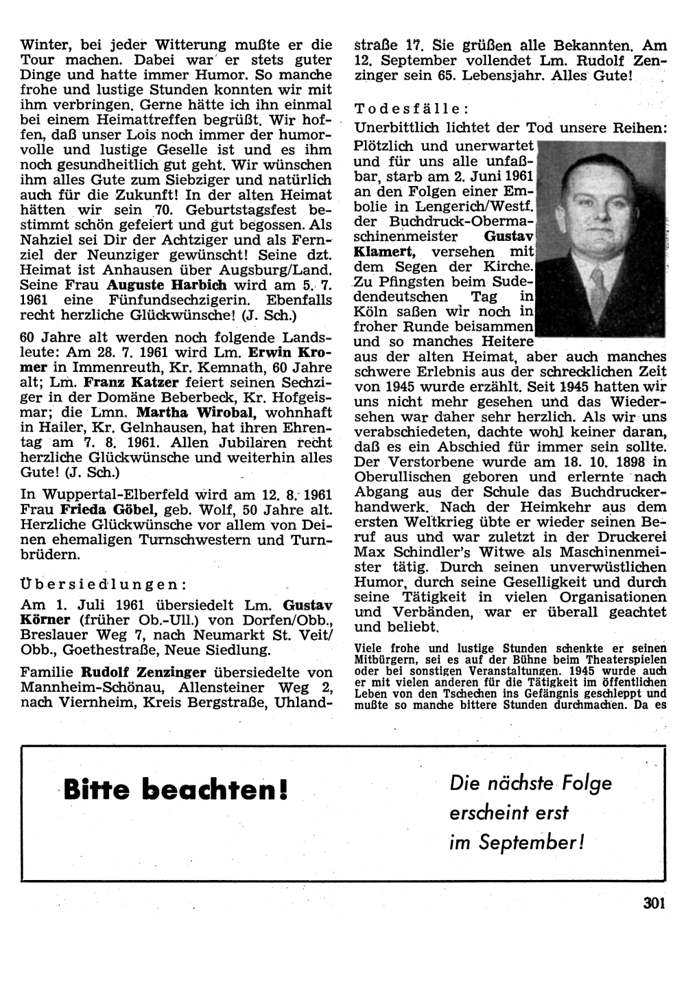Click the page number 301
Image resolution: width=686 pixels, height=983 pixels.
(654, 903)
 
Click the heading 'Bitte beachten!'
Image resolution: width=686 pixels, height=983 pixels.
(176, 790)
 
